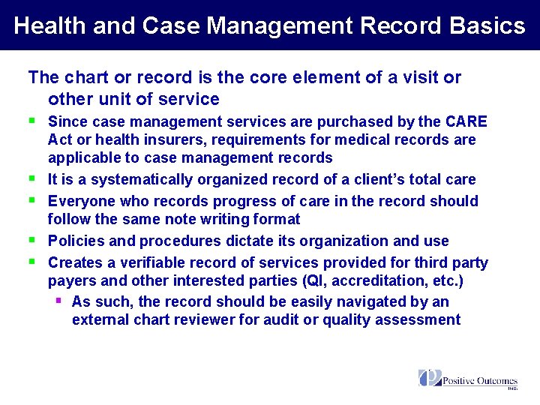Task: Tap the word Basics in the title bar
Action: [x=487, y=25]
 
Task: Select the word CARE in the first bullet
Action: [x=466, y=121]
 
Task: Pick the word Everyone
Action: [x=79, y=201]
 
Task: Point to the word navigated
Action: [x=379, y=301]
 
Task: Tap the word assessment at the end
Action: [x=416, y=319]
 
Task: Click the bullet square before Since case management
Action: [x=32, y=120]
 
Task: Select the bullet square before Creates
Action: [x=32, y=261]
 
